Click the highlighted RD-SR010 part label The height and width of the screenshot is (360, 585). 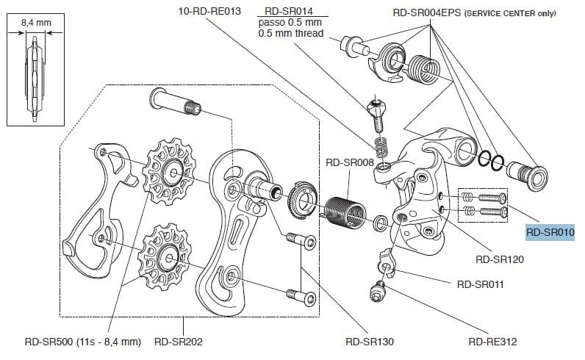point(550,232)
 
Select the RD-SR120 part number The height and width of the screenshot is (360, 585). point(500,259)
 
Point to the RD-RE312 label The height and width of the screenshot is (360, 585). point(492,342)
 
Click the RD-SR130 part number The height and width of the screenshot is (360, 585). point(370,342)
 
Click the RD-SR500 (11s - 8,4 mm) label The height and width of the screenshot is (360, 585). point(82,342)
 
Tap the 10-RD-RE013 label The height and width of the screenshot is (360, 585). point(209,12)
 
